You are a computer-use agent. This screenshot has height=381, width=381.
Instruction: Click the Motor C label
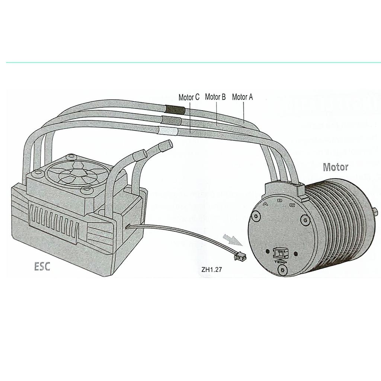point(189,97)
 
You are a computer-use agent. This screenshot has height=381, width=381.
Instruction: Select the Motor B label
point(215,97)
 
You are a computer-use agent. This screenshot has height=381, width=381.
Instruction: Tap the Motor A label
point(242,97)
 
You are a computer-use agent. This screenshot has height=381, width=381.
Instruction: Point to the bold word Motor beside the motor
point(336,167)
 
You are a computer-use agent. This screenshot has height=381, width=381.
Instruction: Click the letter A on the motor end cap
point(266,204)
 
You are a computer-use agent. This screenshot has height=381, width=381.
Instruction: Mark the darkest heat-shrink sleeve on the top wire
point(175,110)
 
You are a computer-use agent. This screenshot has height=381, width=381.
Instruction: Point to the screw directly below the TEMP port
point(283,270)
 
